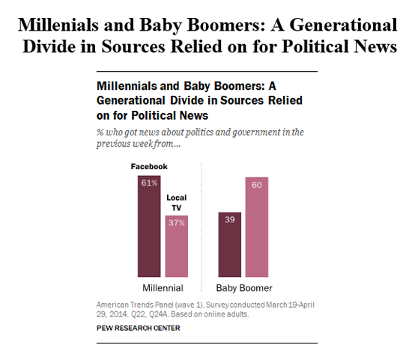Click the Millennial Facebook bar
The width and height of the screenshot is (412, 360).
point(149,226)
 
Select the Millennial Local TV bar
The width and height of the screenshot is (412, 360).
point(176,246)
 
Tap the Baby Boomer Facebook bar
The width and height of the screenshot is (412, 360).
point(230,245)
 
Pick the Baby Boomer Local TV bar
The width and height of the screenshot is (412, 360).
point(257,227)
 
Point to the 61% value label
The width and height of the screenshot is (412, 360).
point(149,183)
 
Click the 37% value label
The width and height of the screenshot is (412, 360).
point(177,223)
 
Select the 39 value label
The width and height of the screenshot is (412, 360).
point(230,219)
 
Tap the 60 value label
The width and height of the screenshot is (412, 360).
point(257,185)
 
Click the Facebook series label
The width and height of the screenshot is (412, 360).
point(149,166)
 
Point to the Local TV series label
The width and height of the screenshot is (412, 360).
point(176,202)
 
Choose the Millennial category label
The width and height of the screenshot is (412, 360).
point(163,288)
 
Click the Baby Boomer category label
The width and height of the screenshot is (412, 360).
point(244,288)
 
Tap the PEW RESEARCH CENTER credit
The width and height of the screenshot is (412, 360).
point(139,328)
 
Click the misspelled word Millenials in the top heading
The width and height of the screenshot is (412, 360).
point(58,25)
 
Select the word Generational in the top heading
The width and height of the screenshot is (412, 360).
point(343,25)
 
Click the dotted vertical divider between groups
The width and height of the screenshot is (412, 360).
point(202,228)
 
